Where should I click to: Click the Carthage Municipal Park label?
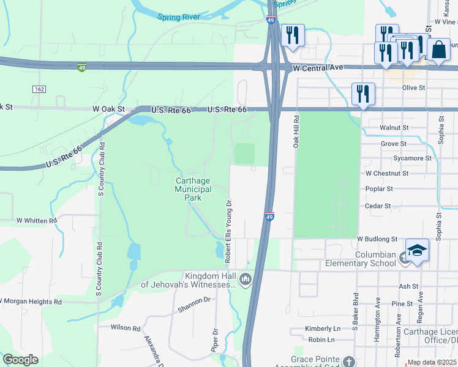tap(193, 190)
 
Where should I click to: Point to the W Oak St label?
tap(108, 109)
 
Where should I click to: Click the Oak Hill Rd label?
tap(295, 132)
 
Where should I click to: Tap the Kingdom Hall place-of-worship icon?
tap(246, 280)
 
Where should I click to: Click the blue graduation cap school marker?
tap(417, 251)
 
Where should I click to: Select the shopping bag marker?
tap(439, 50)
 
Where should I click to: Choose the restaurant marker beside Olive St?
tap(363, 94)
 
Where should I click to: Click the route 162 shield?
tap(39, 89)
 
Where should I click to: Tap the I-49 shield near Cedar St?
tap(269, 217)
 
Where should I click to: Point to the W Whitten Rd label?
tap(36, 220)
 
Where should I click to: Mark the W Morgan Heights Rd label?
tap(31, 302)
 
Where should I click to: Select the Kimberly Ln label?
tap(323, 328)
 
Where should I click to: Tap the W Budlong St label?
tap(377, 239)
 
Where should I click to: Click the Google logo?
tap(20, 360)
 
